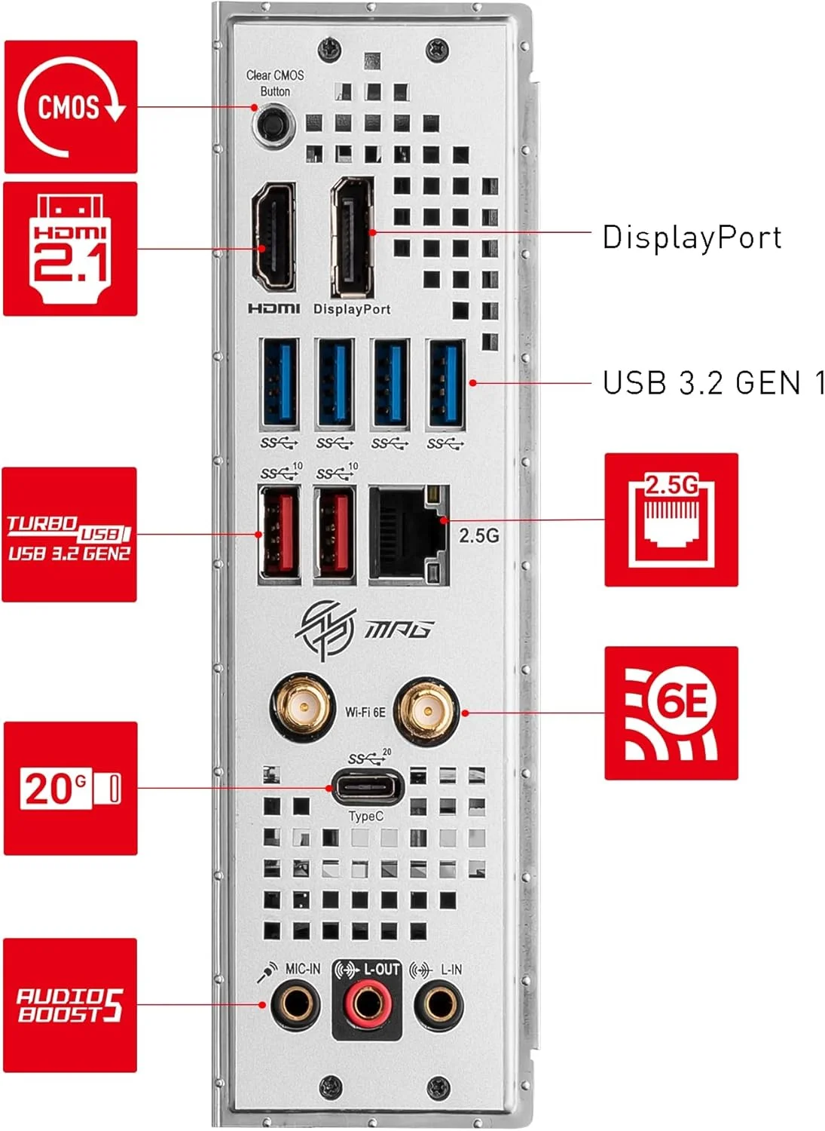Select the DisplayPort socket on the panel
tap(352, 236)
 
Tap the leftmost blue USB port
tap(279, 383)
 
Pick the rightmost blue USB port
tap(445, 383)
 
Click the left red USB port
tap(279, 534)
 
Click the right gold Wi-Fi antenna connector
tap(426, 710)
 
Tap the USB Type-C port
tap(367, 788)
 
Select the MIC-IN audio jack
tap(295, 1004)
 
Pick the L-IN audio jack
tap(438, 1004)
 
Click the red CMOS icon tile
tap(71, 107)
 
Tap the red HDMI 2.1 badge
tap(70, 249)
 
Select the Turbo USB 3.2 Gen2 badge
tap(69, 535)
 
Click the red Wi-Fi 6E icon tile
tap(671, 713)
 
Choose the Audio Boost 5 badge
tap(70, 1005)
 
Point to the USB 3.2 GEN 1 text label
tap(713, 383)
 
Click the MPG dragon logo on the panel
tap(325, 629)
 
